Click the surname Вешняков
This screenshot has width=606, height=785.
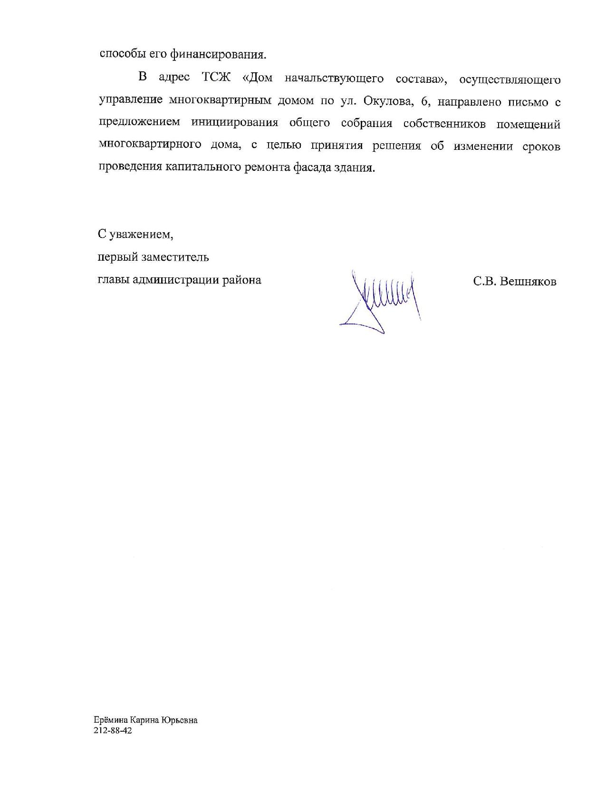[529, 282]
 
